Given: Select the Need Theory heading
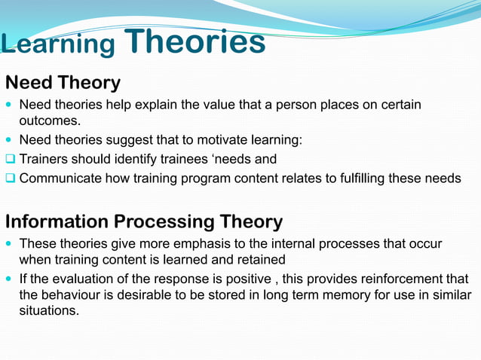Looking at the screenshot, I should pos(63,82).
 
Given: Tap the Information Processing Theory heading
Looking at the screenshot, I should pos(144,221).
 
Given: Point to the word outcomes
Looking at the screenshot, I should pos(49,121).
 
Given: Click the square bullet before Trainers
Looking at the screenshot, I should pos(10,159).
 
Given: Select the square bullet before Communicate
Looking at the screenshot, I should pos(10,178).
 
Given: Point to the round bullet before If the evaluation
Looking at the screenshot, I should pos(9,277).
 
